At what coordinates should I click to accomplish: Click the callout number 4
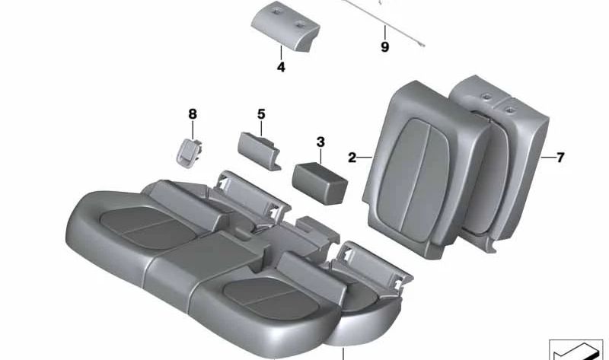281,68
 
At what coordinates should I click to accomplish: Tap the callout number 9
384,47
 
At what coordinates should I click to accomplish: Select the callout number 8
193,114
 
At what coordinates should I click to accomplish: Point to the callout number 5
261,114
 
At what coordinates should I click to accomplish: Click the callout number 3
320,142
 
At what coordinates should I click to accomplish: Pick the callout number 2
352,158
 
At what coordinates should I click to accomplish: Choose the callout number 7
560,158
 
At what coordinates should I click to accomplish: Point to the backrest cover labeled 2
415,167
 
